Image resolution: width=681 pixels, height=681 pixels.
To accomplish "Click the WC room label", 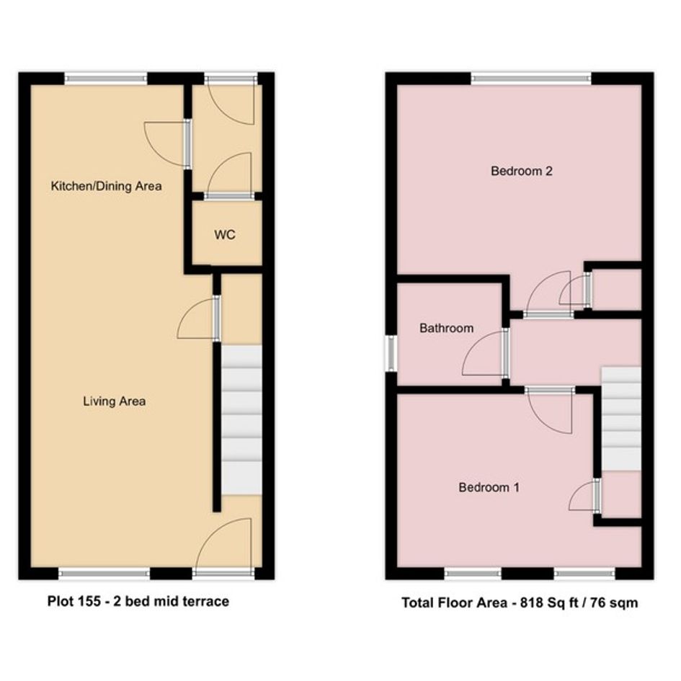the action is [225, 235].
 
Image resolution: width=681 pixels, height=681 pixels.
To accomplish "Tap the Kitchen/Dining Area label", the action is [107, 187].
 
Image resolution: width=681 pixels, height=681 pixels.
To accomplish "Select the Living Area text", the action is [115, 401].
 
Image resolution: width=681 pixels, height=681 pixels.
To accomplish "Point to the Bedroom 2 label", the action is [522, 171].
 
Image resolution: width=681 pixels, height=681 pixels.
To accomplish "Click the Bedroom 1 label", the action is [489, 487].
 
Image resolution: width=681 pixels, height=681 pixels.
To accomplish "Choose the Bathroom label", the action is [447, 328].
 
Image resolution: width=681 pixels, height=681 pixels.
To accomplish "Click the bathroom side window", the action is [391, 353].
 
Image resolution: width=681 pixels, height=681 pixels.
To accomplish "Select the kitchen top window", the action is [105, 79].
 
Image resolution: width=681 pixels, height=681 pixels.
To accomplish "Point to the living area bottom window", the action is [104, 574].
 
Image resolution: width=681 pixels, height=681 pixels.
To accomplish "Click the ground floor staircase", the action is [241, 419].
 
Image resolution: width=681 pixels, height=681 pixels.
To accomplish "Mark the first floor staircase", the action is [621, 419].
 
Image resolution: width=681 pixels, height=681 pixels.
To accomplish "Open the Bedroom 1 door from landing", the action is [549, 410].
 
